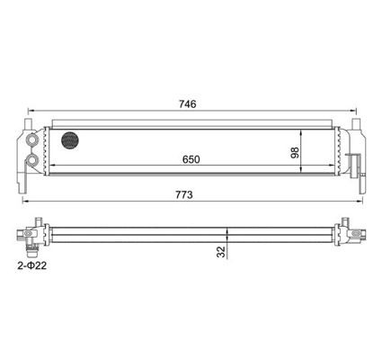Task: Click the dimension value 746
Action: pos(189,103)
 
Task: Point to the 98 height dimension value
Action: pos(295,152)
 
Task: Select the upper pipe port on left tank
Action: pos(33,140)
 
